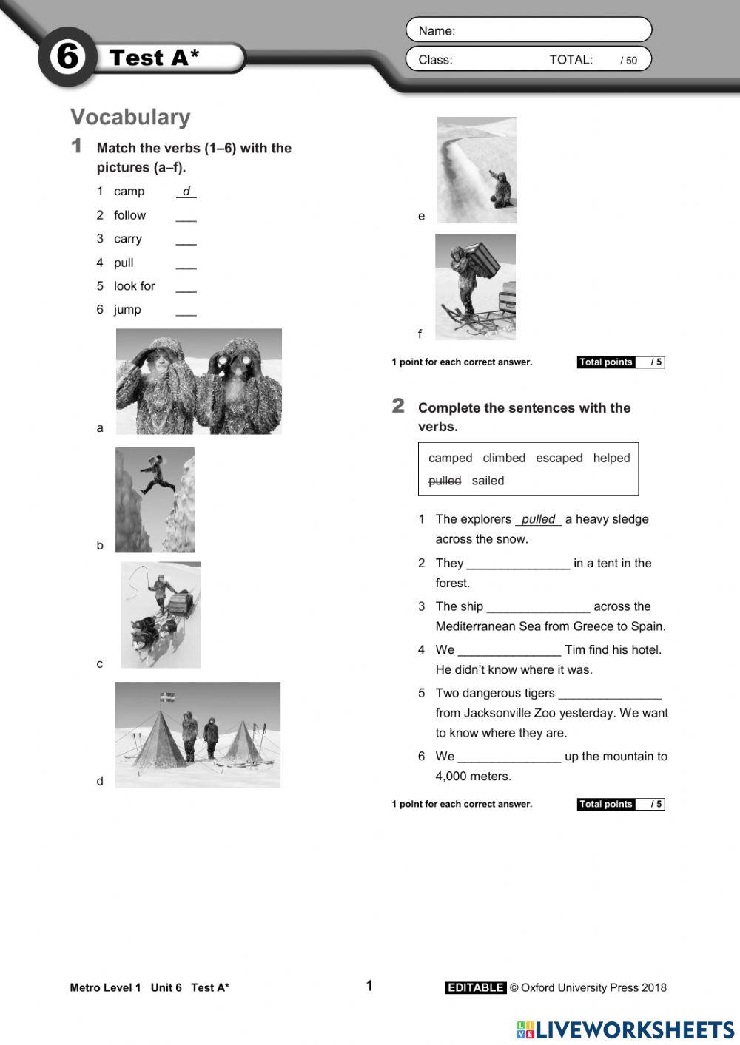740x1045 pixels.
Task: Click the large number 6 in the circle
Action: (67, 57)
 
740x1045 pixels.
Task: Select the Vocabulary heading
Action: (130, 117)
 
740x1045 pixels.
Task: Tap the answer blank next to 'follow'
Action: (186, 216)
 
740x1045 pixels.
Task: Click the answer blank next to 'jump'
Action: (186, 311)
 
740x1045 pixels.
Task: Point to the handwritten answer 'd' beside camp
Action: (186, 192)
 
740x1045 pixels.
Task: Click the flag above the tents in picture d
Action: (168, 697)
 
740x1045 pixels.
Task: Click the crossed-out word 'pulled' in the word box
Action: (445, 481)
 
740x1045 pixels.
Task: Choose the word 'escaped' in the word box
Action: (559, 458)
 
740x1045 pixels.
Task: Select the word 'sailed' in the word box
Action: (488, 481)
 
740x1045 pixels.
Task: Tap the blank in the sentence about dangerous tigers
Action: (610, 694)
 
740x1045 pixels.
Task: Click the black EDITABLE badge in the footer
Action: (475, 987)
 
